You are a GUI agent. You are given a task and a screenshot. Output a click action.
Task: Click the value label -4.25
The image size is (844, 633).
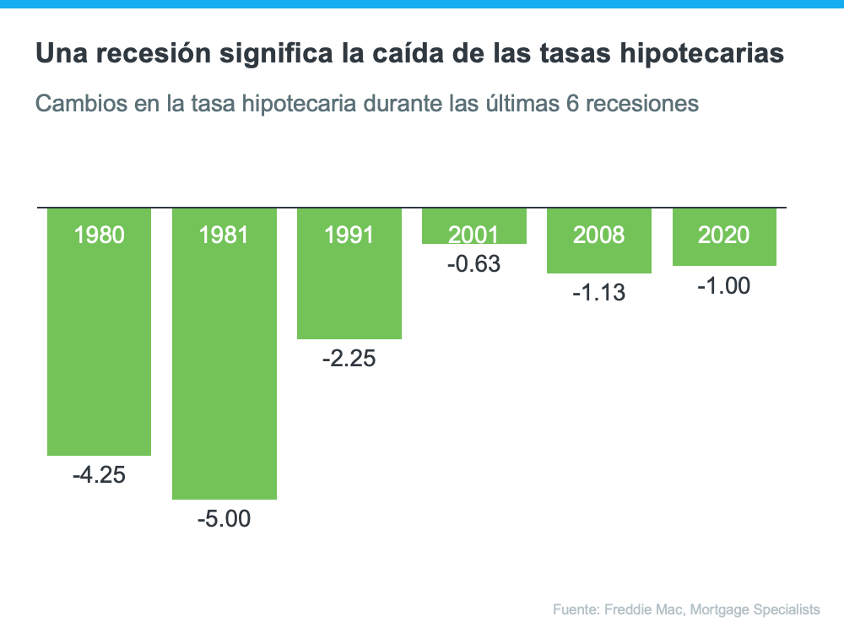[99, 475]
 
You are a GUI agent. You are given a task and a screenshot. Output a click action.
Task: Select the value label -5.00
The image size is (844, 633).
[224, 518]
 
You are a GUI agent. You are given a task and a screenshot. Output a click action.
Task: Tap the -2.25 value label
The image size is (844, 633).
[349, 359]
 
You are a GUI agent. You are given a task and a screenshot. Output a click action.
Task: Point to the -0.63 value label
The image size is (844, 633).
[473, 264]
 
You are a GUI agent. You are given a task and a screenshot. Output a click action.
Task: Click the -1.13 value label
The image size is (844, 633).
[598, 293]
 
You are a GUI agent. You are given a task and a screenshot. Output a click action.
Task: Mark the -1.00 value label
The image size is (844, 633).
[723, 286]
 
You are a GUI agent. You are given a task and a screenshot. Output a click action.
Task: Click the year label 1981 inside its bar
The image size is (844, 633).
[224, 235]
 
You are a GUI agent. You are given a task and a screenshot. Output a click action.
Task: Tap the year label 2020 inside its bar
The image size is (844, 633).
[723, 235]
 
